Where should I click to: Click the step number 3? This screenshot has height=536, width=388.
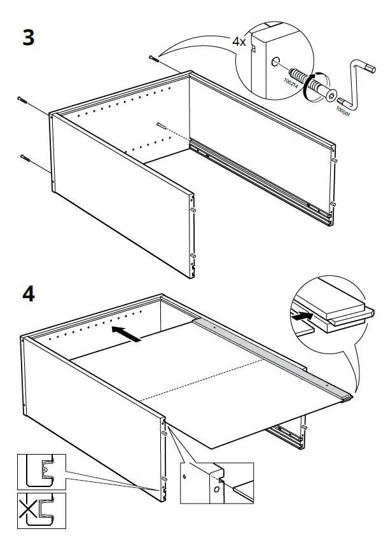[x=28, y=38]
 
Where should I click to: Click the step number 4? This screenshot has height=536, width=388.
[x=29, y=296]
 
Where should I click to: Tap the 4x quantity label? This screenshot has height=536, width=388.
[x=239, y=42]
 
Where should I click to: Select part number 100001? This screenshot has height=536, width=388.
[x=344, y=112]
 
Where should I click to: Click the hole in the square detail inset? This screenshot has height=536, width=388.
[x=184, y=474]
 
